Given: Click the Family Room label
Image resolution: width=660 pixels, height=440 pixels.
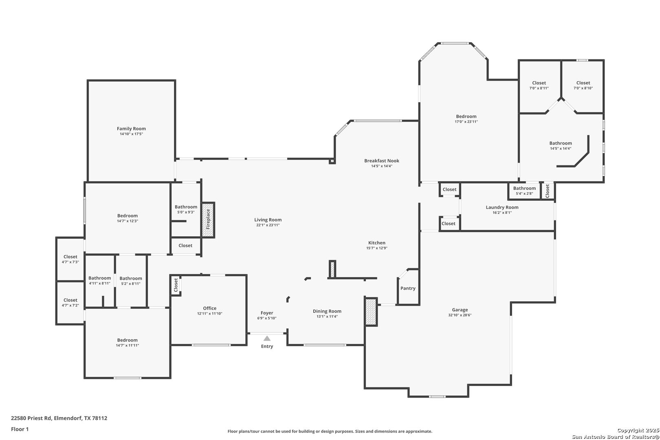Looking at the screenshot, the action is [131, 128].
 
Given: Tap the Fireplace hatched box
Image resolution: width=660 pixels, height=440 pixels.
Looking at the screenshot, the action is [208, 220].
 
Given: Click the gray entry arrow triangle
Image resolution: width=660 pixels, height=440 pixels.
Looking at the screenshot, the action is [267, 338].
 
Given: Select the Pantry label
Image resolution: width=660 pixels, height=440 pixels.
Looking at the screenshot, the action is [408, 288].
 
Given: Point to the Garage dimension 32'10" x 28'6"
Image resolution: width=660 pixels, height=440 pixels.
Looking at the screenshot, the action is [460, 315].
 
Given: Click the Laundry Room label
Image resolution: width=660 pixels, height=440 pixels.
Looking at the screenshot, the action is [502, 207].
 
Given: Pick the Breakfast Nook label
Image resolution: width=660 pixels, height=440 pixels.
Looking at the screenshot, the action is [382, 161].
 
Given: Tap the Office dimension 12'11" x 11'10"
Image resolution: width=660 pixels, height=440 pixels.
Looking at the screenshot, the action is [209, 314].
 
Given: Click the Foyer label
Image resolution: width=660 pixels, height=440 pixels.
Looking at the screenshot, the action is [267, 313].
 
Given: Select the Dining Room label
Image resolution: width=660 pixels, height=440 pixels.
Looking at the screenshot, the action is [327, 311].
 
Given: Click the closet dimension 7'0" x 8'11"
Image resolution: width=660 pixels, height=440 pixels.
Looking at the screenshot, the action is [539, 88].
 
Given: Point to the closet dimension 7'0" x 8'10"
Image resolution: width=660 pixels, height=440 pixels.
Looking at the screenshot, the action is [583, 88].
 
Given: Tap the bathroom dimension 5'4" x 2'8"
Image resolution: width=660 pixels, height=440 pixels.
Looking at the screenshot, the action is [524, 194].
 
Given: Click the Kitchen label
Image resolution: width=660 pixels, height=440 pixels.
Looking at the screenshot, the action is [376, 243].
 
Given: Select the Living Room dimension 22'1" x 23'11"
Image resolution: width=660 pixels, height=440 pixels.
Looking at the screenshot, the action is [268, 225].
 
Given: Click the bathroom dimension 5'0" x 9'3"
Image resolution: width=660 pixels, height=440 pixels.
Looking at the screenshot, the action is [186, 212].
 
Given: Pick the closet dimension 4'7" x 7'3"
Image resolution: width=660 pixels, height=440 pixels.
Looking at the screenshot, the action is [70, 262].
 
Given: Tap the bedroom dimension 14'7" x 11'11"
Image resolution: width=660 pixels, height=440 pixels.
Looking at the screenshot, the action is [127, 345].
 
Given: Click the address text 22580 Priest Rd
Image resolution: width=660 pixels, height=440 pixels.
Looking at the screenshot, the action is [31, 418].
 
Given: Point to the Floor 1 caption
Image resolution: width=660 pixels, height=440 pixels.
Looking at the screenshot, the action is [20, 429].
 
